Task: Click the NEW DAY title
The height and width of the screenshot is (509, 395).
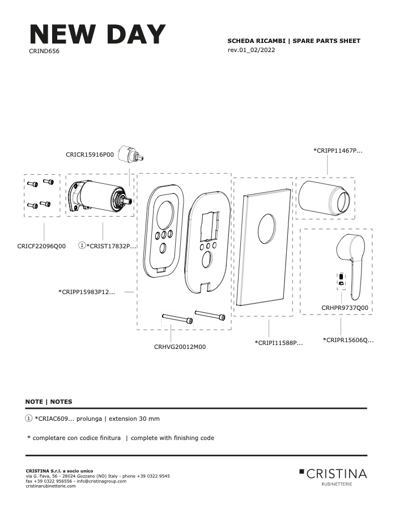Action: pos(97,34)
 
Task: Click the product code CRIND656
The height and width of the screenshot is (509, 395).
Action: pos(44,51)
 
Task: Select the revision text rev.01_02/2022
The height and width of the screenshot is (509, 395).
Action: pos(251,50)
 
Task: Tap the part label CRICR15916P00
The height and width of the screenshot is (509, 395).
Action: pos(90,154)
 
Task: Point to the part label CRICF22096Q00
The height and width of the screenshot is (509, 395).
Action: pos(41,246)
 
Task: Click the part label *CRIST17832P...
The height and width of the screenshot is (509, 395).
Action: pos(111,246)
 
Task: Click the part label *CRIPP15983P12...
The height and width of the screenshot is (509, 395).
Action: pos(87,292)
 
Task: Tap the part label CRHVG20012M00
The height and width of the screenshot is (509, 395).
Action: pos(180,347)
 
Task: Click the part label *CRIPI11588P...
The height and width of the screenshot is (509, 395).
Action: pos(279,343)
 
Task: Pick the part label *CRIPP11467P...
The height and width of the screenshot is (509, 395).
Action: pos(338,150)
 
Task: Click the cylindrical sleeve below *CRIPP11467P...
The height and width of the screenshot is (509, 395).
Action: pos(324,198)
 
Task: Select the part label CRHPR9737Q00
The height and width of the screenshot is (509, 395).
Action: pos(345,308)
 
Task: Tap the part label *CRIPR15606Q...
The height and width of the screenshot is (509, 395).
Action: pos(348,340)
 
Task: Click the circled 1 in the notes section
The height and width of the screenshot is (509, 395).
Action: pos(29,419)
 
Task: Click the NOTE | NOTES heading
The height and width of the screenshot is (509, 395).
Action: pos(49,402)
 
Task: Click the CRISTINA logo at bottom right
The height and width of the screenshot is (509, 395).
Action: pos(333,477)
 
